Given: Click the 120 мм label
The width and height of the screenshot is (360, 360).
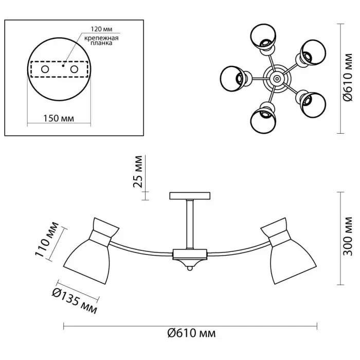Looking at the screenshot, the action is [101, 29].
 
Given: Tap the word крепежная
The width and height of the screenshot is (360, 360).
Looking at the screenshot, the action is [101, 38].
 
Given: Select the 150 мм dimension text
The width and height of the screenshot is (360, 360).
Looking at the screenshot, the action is [59, 118].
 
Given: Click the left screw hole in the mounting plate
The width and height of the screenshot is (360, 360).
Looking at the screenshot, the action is [45, 69].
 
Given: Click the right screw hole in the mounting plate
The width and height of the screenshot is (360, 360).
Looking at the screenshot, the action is [74, 69].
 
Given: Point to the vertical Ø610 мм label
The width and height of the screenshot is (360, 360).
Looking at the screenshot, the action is [348, 77].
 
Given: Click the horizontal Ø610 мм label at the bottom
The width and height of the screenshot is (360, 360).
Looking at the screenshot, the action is [191, 333].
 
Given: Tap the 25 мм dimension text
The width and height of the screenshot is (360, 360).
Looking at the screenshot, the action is [138, 171].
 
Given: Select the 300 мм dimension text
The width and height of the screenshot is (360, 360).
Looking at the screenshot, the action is [348, 236].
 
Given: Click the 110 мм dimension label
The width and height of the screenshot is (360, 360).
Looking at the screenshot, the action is [47, 240].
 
